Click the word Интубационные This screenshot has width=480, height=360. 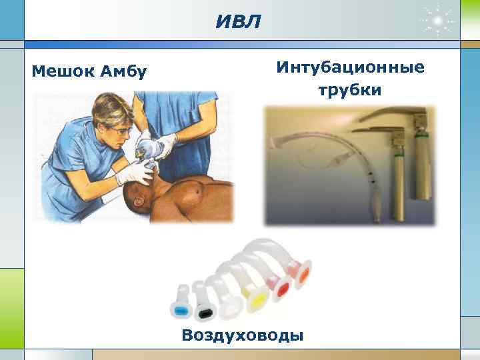pyautogui.click(x=349, y=68)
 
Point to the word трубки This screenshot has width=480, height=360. pyautogui.click(x=349, y=90)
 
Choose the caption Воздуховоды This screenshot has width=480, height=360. pyautogui.click(x=242, y=334)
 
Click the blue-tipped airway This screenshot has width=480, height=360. pyautogui.click(x=179, y=311)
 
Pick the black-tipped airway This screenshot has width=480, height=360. pyautogui.click(x=203, y=309)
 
